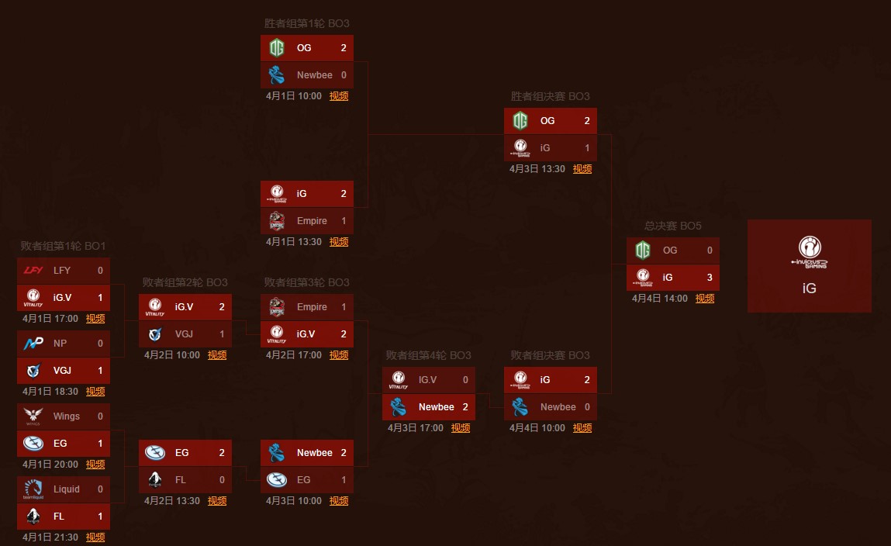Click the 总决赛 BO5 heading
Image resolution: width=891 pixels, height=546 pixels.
673,226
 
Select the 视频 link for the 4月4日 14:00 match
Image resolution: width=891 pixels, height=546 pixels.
705,299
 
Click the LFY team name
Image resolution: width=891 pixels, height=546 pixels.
62,271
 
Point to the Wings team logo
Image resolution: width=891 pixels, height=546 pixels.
33,416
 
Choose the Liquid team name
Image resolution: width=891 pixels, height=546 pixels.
67,489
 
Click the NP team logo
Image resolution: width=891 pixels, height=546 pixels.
33,343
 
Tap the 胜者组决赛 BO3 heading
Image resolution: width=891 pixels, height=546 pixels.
550,97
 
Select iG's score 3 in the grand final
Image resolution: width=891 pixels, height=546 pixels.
710,277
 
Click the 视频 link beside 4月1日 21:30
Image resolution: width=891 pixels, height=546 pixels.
95,537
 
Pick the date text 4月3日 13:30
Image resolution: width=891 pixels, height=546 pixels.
537,169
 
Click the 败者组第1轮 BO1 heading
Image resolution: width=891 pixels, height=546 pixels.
63,247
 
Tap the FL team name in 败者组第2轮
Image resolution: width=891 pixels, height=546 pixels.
180,480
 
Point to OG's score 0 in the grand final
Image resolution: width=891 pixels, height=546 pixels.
710,251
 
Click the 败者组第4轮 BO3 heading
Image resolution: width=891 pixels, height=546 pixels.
428,355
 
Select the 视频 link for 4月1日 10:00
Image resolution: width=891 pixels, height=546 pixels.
339,96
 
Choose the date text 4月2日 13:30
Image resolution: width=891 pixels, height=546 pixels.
172,501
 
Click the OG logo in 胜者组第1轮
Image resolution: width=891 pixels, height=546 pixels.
277,48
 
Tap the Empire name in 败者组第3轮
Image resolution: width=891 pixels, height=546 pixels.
312,307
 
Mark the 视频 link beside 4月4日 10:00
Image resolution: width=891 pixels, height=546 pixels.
582,428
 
